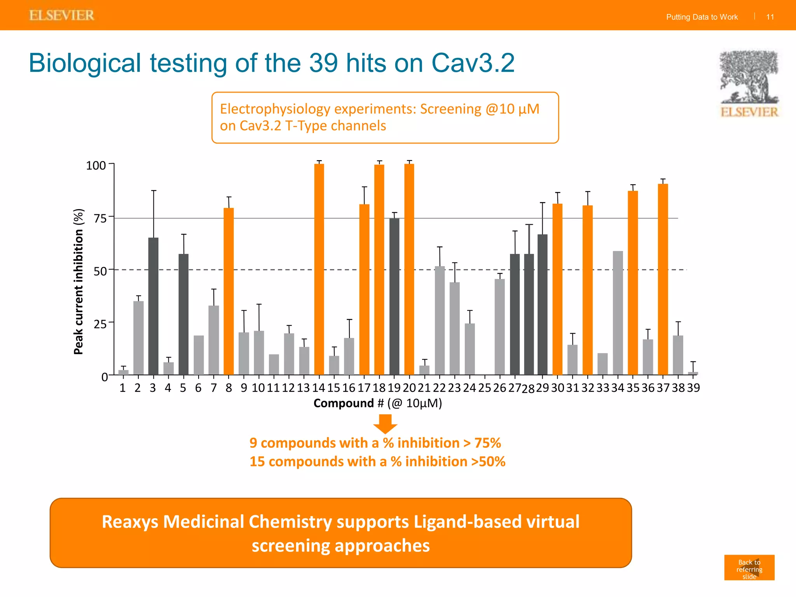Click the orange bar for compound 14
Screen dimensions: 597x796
click(319, 269)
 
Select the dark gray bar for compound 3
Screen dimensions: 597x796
click(154, 306)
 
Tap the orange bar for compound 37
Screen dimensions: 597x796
click(663, 279)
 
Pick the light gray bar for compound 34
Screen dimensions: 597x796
click(618, 313)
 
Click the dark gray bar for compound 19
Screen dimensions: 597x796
click(394, 297)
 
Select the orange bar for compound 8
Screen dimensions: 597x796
click(229, 292)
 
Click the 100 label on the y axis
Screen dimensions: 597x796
click(96, 166)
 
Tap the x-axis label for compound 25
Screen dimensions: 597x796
click(485, 388)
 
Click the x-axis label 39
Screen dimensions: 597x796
click(693, 388)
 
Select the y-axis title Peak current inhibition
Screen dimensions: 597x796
click(79, 281)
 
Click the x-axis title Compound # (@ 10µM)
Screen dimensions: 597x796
click(378, 403)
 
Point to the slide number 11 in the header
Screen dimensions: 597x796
click(770, 17)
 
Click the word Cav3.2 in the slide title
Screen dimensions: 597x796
click(473, 63)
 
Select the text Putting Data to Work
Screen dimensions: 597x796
click(702, 17)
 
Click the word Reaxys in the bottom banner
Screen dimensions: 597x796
click(130, 522)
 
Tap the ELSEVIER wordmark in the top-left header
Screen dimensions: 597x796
click(62, 16)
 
